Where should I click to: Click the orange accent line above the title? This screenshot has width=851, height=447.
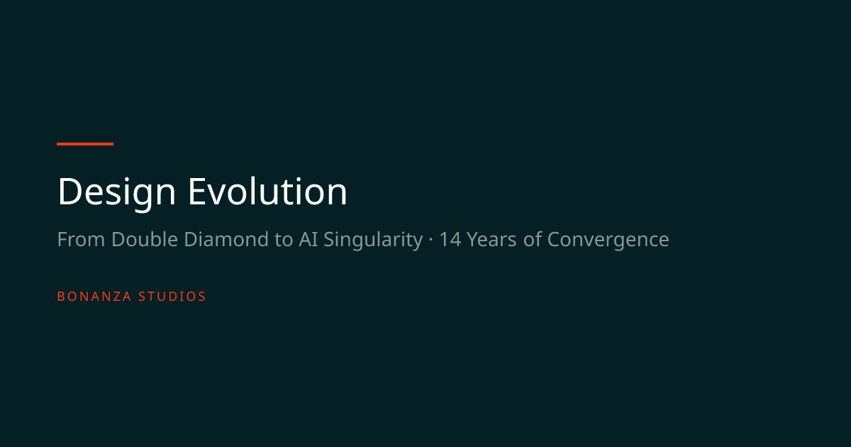pyautogui.click(x=85, y=144)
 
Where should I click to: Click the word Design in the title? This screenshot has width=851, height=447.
pyautogui.click(x=116, y=193)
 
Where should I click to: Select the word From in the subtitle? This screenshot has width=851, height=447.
pyautogui.click(x=81, y=240)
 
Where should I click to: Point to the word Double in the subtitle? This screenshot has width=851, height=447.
pyautogui.click(x=145, y=239)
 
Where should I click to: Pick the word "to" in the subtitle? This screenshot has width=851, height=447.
pyautogui.click(x=284, y=240)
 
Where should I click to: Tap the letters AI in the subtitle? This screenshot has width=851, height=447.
pyautogui.click(x=308, y=240)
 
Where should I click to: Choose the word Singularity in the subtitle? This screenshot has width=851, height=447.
pyautogui.click(x=373, y=241)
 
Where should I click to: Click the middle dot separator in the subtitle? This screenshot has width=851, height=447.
pyautogui.click(x=431, y=240)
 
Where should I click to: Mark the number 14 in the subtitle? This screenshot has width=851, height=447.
pyautogui.click(x=450, y=240)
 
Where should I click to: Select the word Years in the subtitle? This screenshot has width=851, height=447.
pyautogui.click(x=491, y=240)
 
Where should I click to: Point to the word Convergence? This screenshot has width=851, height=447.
pyautogui.click(x=608, y=241)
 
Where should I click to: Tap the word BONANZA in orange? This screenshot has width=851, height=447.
pyautogui.click(x=94, y=297)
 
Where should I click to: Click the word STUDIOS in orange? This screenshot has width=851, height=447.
pyautogui.click(x=172, y=297)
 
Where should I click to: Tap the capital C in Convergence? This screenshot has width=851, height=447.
pyautogui.click(x=555, y=240)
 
